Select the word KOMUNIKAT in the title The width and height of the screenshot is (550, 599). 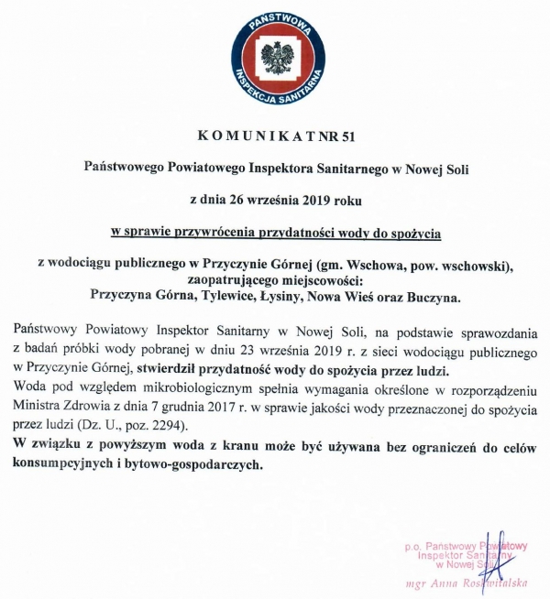(253, 138)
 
